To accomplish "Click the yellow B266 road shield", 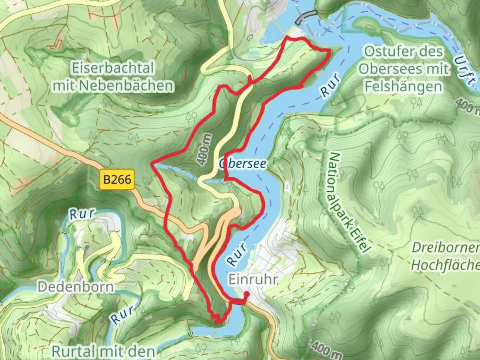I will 117,180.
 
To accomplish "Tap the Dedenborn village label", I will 75,286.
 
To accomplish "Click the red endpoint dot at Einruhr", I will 246,294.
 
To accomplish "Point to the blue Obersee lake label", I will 243,164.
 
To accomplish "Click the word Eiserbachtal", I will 113,69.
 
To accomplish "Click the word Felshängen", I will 403,87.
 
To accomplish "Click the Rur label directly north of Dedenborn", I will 82,214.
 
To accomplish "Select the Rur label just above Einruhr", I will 238,254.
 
